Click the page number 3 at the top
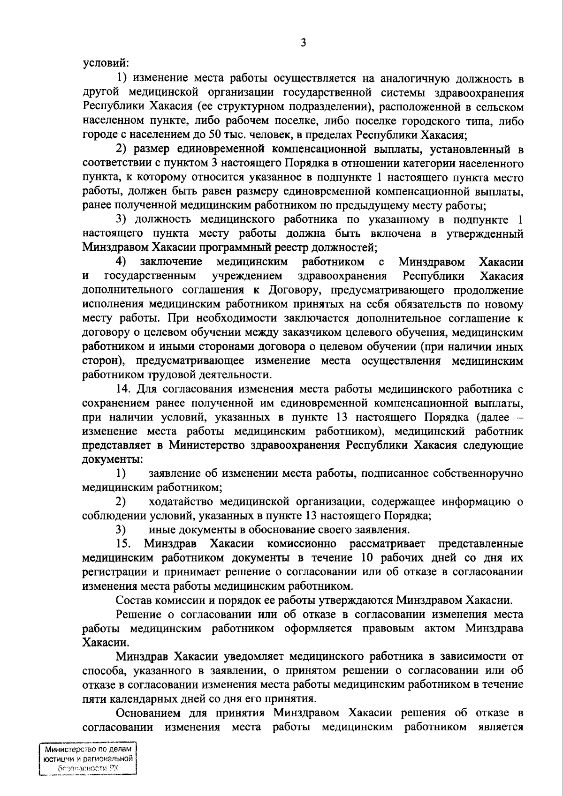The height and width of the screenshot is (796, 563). coord(303,43)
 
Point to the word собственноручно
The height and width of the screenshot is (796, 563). coord(477,473)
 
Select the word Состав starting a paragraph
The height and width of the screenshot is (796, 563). coord(135,600)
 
